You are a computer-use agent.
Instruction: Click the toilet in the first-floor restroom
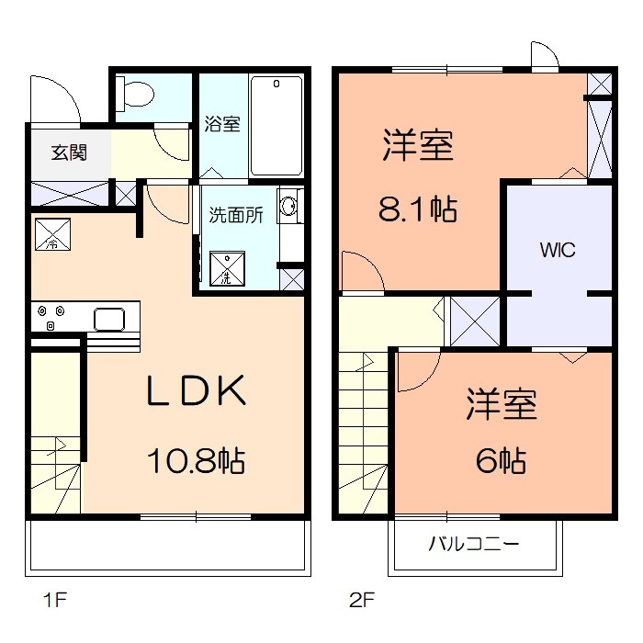tap(134, 94)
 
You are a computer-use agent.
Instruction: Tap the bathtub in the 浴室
tap(276, 126)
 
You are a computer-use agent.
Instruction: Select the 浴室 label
tap(222, 124)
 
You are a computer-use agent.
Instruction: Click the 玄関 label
tap(69, 152)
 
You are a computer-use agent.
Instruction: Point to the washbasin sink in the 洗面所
tap(289, 206)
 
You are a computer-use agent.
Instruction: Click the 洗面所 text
tap(236, 215)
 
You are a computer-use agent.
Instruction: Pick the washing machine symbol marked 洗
tap(227, 268)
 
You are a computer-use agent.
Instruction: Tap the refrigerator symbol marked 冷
tap(53, 234)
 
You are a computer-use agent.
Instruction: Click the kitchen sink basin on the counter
tap(109, 320)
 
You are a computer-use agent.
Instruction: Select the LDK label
tap(197, 390)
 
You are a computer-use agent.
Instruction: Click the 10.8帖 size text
tap(196, 460)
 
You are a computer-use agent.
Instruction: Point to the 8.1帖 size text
tap(417, 209)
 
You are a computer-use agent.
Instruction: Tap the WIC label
tap(558, 250)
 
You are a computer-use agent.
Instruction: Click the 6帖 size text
tap(501, 460)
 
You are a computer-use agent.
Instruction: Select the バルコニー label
tap(474, 544)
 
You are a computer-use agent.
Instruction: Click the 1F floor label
tap(55, 601)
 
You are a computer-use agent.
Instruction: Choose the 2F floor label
tap(362, 601)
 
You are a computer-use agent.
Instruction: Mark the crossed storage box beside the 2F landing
tap(475, 321)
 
